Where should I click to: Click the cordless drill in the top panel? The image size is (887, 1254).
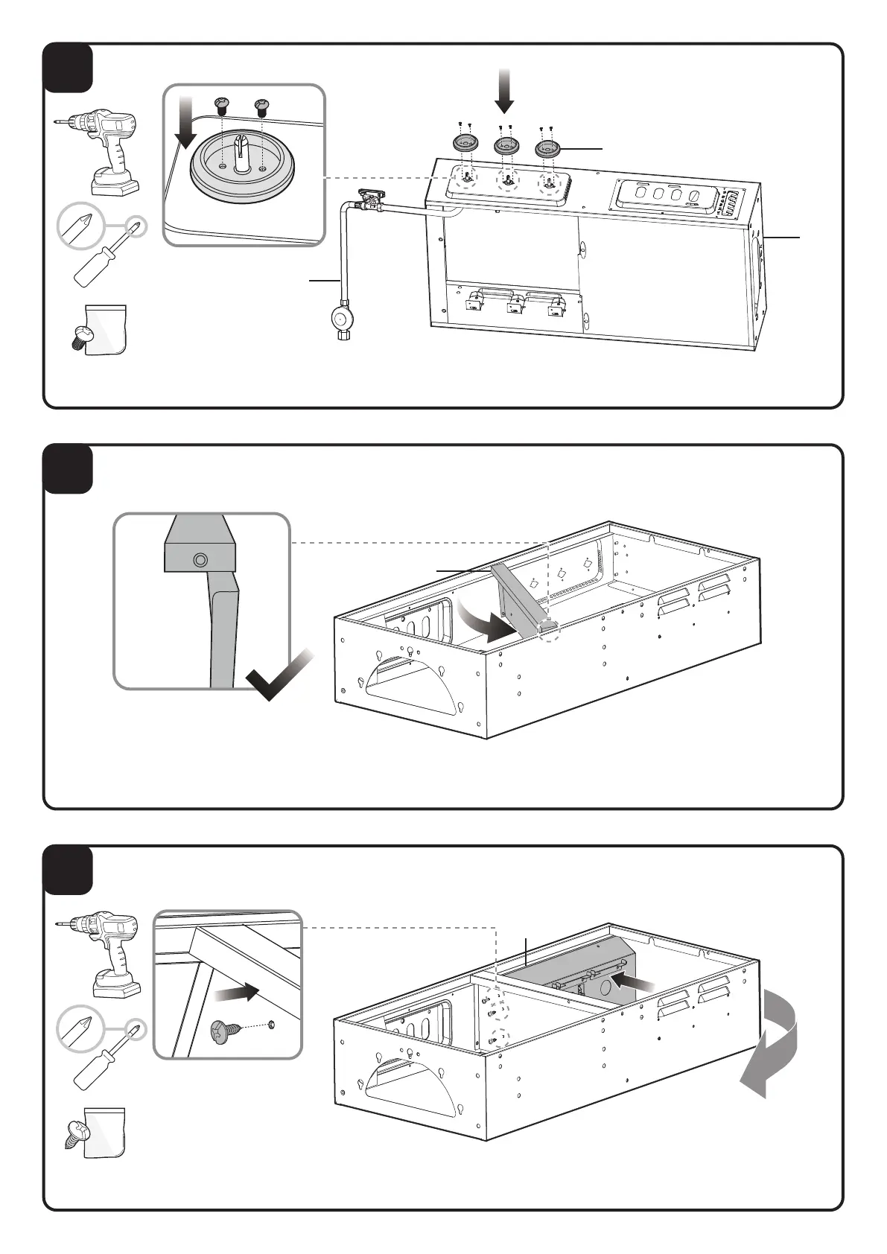pos(104,149)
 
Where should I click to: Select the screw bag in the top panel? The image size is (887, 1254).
pos(104,330)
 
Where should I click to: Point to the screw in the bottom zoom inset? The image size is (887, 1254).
pos(228,1031)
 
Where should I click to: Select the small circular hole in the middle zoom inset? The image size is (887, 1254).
pos(199,560)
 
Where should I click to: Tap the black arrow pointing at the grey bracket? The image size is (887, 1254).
pos(636,982)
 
